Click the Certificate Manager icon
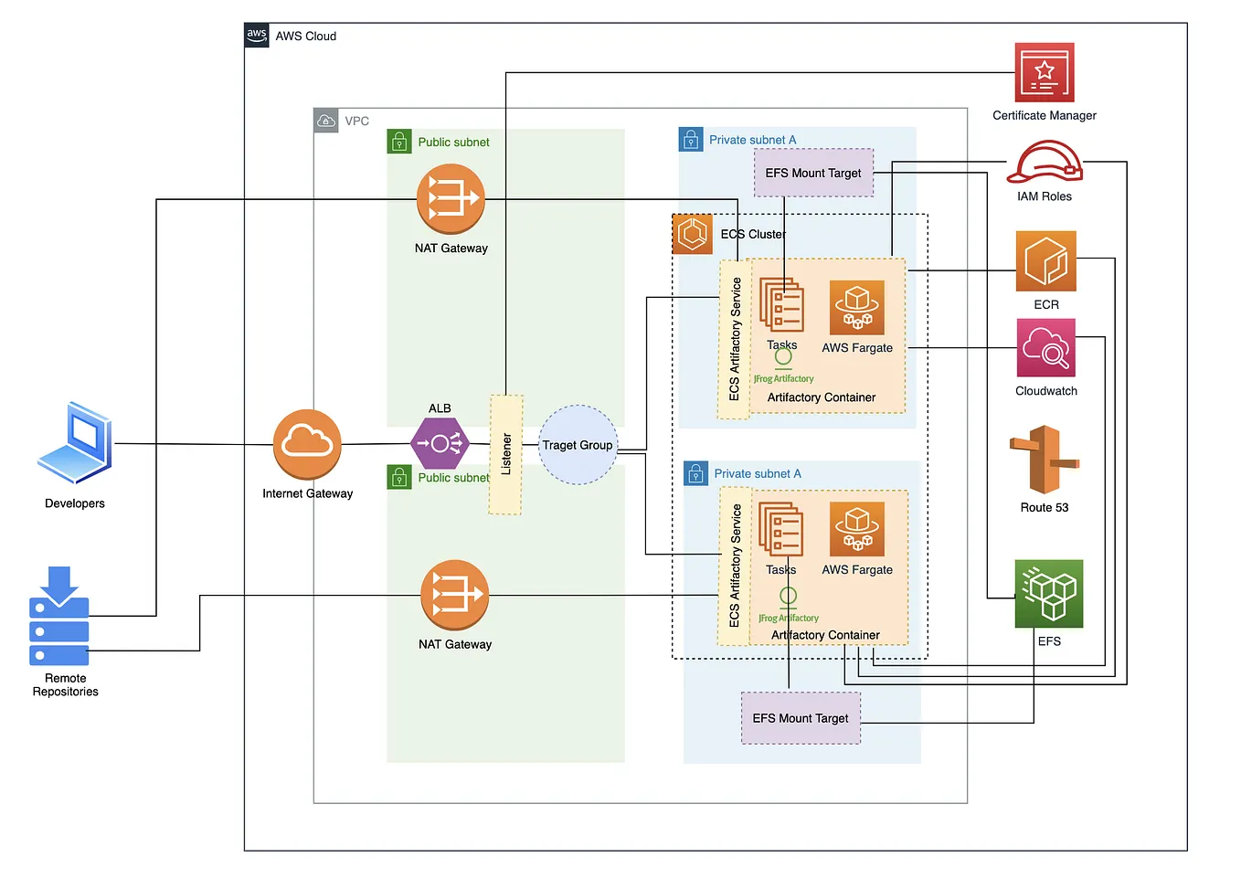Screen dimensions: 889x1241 (x=1045, y=72)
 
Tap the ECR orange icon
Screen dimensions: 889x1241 (x=1045, y=261)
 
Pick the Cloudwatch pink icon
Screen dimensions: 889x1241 (x=1045, y=348)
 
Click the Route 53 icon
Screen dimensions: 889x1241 (x=1044, y=460)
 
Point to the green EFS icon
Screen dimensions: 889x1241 (x=1048, y=594)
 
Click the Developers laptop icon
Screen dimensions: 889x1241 (x=76, y=443)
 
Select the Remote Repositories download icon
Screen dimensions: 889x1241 (x=59, y=616)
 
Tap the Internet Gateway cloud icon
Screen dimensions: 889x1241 (x=307, y=444)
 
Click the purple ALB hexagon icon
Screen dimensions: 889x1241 (x=440, y=444)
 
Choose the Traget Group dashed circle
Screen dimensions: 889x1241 (x=578, y=445)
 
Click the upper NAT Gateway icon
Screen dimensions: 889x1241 (x=450, y=199)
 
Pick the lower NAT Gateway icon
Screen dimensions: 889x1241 (x=454, y=595)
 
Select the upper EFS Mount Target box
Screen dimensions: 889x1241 (x=813, y=173)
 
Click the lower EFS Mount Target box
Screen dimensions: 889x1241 (x=801, y=718)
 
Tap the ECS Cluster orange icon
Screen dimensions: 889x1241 (x=693, y=234)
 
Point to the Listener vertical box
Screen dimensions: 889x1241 (x=506, y=454)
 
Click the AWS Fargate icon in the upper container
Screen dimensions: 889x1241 (x=856, y=308)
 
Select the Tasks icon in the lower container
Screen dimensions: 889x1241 (x=781, y=529)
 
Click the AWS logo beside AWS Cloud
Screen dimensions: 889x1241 (x=257, y=36)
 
